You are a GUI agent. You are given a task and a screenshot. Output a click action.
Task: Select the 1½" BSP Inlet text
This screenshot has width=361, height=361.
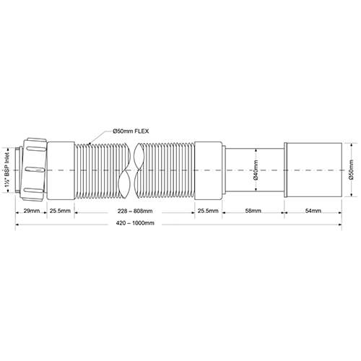pos(7,171)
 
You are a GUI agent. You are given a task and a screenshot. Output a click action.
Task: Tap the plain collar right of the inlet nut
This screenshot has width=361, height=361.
pos(60,171)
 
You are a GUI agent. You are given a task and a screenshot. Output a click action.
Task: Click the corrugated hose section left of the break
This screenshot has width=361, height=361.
pos(101,171)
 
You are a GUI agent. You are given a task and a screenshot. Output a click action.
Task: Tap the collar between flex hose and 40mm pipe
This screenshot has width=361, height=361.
pos(208,171)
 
